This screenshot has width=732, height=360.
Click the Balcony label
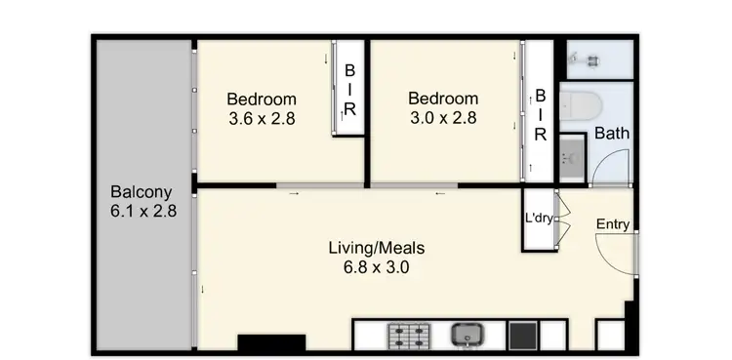point(142,191)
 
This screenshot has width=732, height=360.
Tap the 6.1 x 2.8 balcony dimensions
point(142,210)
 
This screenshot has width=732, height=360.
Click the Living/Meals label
point(376,248)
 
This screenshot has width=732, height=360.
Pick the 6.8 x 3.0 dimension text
point(376,266)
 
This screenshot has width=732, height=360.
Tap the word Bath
point(612,134)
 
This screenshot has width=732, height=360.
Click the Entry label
point(613,225)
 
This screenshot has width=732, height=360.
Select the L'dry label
point(539,219)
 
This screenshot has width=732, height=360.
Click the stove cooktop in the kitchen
point(411,336)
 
